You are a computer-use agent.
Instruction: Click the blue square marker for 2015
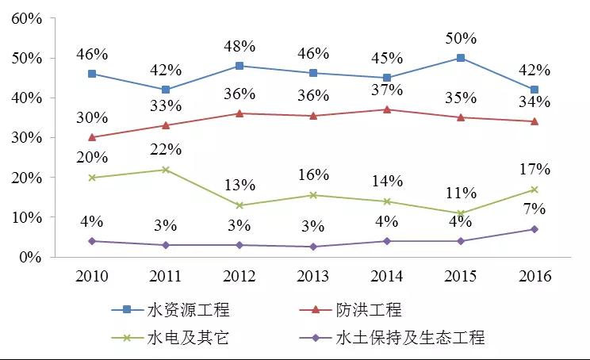(x=461, y=58)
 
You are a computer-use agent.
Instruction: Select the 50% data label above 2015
(x=461, y=37)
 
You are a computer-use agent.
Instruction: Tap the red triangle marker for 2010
(x=92, y=137)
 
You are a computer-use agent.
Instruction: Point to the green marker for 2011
(x=166, y=170)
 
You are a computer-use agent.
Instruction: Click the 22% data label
(x=166, y=149)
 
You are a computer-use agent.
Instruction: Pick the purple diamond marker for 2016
(x=534, y=229)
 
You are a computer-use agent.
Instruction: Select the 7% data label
(x=534, y=209)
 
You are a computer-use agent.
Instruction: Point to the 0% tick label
(x=29, y=258)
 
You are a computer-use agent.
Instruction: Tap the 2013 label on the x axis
(x=313, y=277)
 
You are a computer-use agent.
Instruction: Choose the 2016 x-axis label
(x=534, y=277)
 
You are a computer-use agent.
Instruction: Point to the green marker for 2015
(x=461, y=213)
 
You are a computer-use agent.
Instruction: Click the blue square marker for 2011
(x=166, y=90)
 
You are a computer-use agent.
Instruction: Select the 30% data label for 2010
(x=92, y=117)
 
